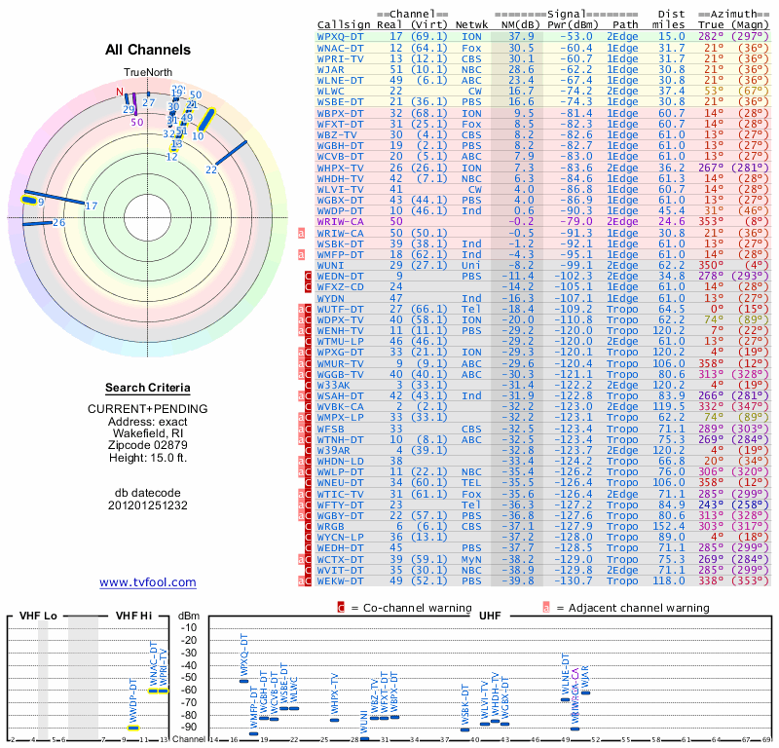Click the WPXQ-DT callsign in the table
345,36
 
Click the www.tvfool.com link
148,582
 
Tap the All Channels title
148,50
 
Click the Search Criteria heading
148,388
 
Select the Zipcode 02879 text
148,442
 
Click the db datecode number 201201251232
148,505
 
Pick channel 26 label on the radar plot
58,223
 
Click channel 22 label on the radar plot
211,169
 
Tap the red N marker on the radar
121,93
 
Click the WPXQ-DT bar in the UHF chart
243,680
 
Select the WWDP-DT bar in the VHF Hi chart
133,728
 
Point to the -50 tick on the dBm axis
188,678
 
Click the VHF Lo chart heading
38,616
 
